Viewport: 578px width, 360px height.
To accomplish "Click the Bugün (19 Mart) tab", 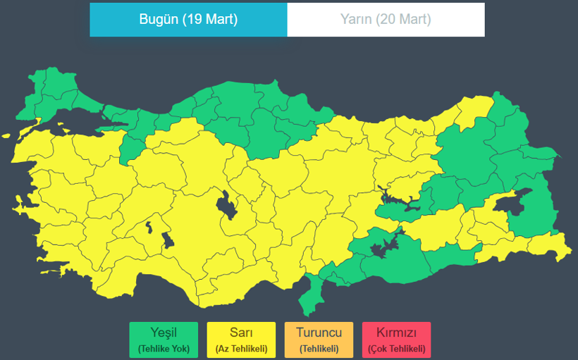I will pos(188,20).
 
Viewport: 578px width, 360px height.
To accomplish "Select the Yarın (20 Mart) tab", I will pos(386,20).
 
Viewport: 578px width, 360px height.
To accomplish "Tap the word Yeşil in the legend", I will pos(164,333).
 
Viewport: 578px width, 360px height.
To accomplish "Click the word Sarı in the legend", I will pos(241,333).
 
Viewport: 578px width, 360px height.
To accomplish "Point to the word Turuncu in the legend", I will pos(319,333).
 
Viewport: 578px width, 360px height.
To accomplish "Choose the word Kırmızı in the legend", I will pos(396,333).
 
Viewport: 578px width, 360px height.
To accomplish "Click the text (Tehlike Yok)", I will pos(164,349).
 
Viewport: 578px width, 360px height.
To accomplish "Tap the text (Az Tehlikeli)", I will pos(241,349).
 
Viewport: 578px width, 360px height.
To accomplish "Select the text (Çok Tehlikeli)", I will pos(396,349).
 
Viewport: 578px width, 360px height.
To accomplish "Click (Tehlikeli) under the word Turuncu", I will pos(319,349).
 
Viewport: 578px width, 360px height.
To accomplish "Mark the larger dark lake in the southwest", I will pos(168,240).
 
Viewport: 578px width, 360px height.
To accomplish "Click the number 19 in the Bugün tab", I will pos(190,20).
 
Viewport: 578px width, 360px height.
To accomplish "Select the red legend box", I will pos(396,340).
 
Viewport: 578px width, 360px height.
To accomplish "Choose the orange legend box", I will pos(319,340).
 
